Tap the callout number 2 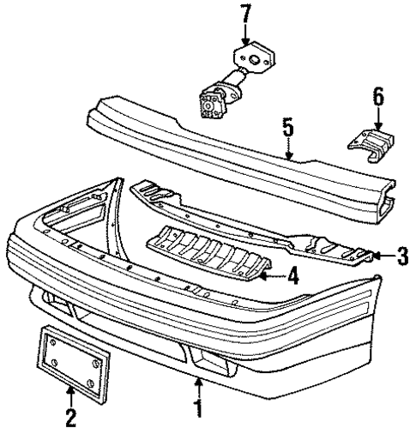point(70,418)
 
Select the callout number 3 point(402,256)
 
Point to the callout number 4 point(292,276)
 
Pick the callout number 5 point(288,130)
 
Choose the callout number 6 point(378,98)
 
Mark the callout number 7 point(246,14)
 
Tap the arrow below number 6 point(378,121)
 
